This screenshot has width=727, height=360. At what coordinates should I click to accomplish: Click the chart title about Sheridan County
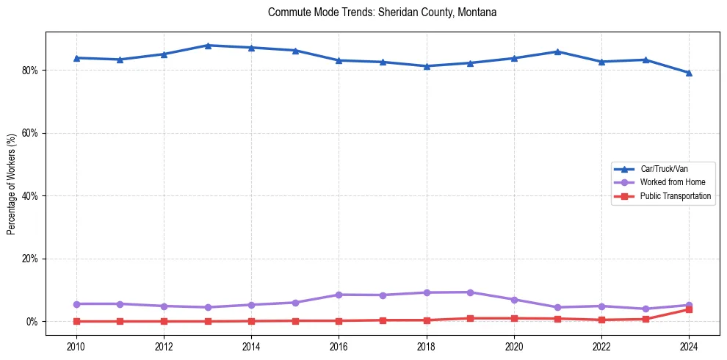[x=383, y=12]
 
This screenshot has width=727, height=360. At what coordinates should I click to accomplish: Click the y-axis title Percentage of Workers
[x=12, y=184]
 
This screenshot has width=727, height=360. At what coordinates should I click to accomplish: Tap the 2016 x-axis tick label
[x=339, y=345]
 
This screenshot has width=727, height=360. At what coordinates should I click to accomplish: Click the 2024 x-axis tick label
[x=689, y=345]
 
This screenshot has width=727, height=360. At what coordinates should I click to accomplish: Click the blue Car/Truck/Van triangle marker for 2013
[x=207, y=46]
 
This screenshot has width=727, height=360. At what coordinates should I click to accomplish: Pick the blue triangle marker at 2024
[x=689, y=73]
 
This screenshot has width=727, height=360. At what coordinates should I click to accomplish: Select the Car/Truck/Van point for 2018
[x=426, y=66]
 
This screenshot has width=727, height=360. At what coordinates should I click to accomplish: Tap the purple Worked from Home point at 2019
[x=470, y=292]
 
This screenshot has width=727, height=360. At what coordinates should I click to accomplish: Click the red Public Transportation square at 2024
[x=689, y=309]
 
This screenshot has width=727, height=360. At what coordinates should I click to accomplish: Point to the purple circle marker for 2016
[x=339, y=295]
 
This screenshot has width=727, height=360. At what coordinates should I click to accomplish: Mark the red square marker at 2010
[x=76, y=321]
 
